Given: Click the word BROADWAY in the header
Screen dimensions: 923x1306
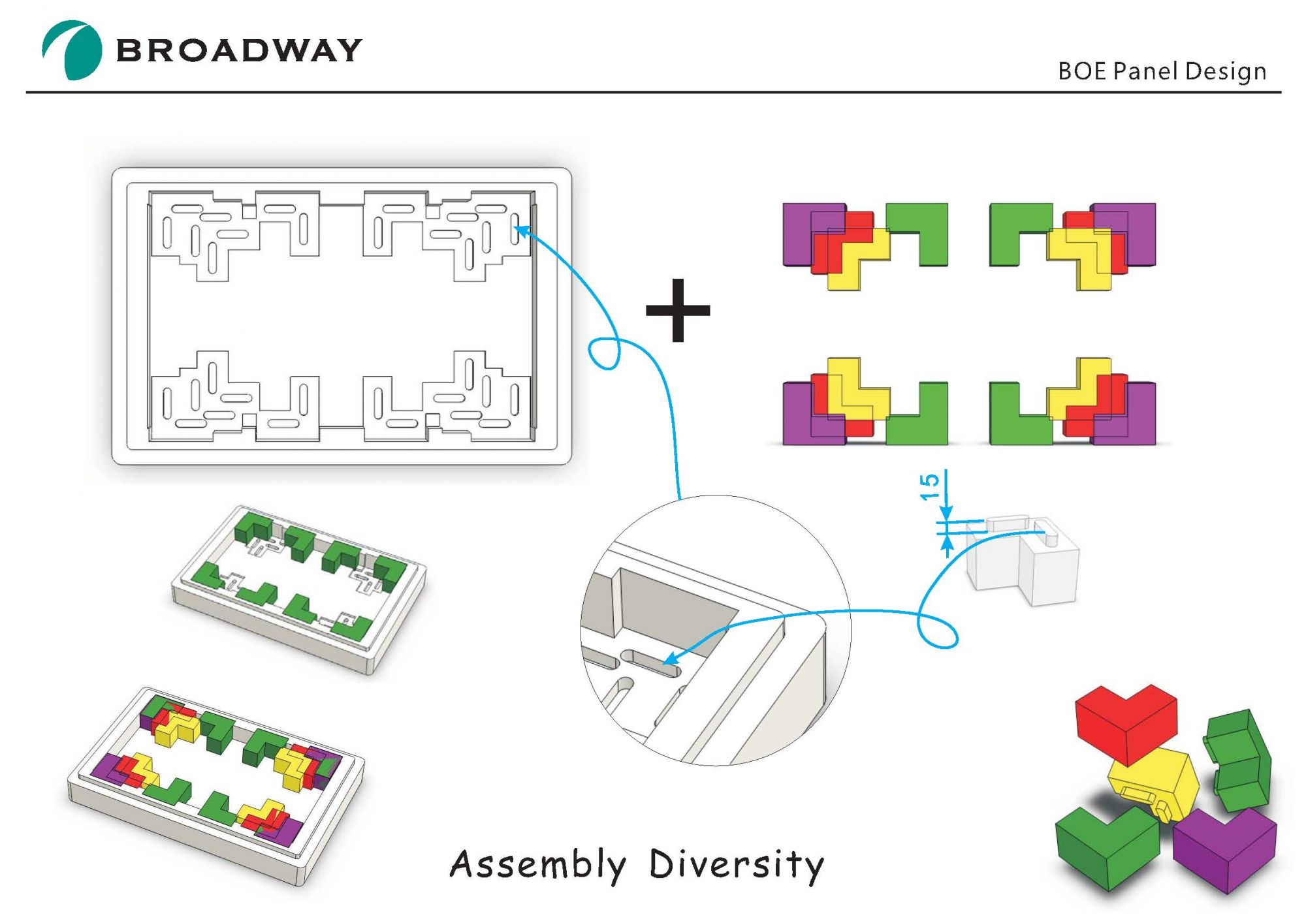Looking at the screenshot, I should point(239,51).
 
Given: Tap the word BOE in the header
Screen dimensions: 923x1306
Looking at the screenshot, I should point(1082,71).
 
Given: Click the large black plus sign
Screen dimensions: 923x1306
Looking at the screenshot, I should point(678,310).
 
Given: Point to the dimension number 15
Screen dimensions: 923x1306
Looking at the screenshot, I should point(930,487).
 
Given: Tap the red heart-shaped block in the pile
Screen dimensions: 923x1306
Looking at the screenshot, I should point(1126,721).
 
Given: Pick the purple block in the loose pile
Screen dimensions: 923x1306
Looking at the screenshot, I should point(1224,849).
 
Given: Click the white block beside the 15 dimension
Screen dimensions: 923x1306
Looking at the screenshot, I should point(1025,561).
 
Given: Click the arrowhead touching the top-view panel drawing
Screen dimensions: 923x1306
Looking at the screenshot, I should point(521,230).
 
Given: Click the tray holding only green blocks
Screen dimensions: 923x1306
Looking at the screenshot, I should point(299,587).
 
